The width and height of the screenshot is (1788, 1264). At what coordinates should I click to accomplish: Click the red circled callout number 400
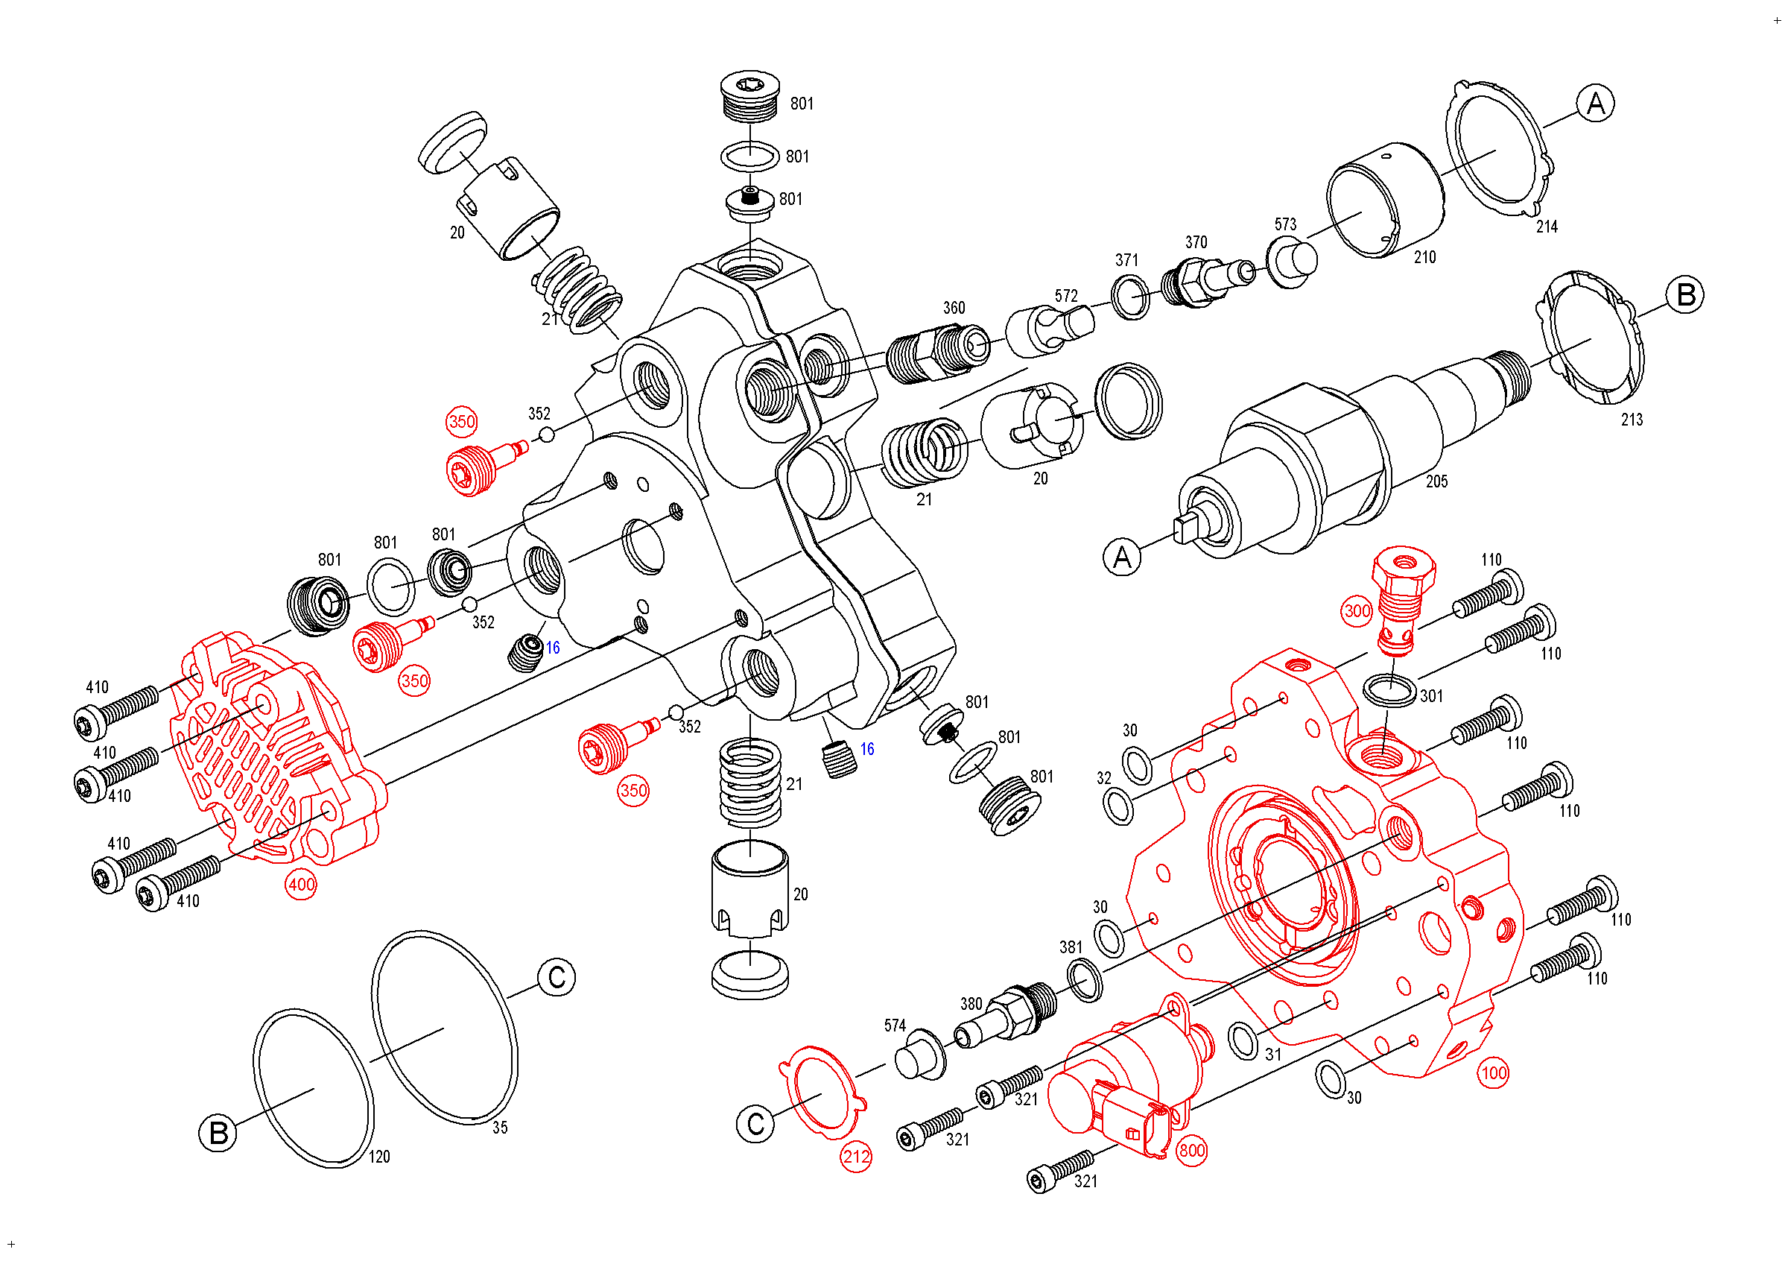[x=302, y=885]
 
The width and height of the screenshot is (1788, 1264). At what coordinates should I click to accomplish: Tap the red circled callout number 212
[x=856, y=1157]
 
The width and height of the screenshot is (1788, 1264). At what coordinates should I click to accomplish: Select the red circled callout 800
[x=1191, y=1150]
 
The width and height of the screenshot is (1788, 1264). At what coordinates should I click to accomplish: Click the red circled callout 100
[x=1493, y=1073]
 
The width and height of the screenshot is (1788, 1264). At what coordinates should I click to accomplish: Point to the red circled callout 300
[x=1357, y=610]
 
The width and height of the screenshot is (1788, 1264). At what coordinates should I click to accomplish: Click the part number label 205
[x=1437, y=482]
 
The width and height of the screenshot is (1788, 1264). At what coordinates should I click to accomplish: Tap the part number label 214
[x=1547, y=227]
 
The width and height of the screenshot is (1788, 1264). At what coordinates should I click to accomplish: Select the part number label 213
[x=1632, y=420]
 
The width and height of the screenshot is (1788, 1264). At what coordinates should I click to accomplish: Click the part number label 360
[x=954, y=309]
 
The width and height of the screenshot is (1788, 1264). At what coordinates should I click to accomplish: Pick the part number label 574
[x=895, y=1026]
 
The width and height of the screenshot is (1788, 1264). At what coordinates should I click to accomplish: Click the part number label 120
[x=379, y=1157]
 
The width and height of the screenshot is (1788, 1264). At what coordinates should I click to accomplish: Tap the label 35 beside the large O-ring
[x=500, y=1128]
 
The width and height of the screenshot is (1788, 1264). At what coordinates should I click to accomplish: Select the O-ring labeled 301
[x=1389, y=690]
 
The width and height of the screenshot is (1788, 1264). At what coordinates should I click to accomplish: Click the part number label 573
[x=1285, y=224]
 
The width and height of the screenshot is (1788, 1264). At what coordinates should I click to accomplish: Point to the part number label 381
[x=1071, y=947]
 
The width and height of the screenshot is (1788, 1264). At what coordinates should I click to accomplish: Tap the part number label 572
[x=1066, y=296]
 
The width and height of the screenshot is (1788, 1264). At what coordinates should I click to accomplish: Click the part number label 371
[x=1127, y=260]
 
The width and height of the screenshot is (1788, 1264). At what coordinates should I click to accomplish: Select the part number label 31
[x=1273, y=1055]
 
